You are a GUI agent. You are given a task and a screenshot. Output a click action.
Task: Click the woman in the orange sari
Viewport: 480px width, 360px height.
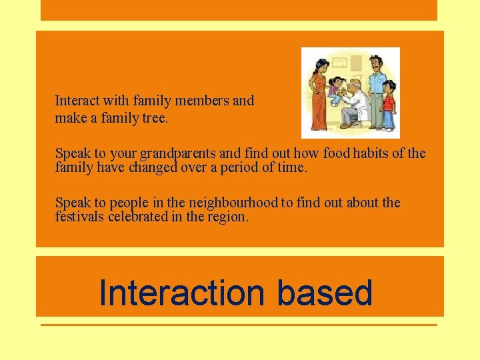coord(319,93)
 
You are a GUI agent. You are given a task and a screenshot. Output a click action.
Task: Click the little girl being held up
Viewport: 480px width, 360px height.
coord(333,90)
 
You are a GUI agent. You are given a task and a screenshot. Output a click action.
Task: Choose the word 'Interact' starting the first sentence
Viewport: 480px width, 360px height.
coord(77,101)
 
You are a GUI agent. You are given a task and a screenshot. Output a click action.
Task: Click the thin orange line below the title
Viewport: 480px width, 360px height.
coord(239,325)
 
